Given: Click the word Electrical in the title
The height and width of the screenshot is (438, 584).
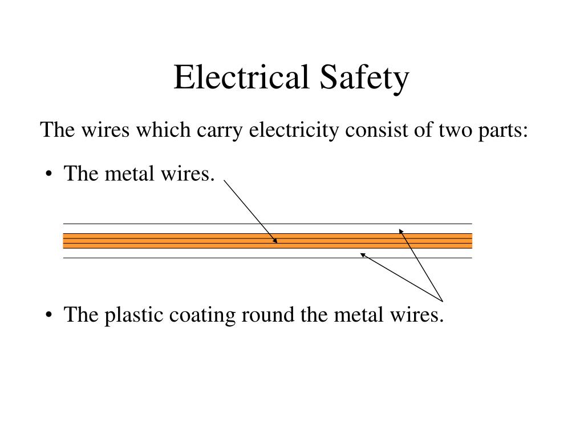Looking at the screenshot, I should coord(242,78).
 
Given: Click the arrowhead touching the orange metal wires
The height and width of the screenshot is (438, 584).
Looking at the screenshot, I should coord(275,241).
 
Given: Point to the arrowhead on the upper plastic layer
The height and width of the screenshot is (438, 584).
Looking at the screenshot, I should coord(400,231).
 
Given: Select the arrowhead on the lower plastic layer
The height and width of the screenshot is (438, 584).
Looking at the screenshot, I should coord(362,255).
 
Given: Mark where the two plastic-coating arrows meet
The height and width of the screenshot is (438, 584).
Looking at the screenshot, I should coord(443,300).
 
